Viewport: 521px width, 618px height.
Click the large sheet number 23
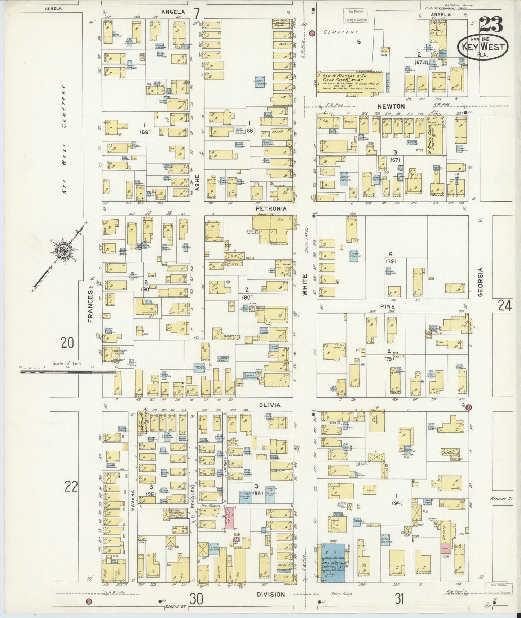[x=491, y=26]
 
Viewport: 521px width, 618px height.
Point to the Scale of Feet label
[x=67, y=363]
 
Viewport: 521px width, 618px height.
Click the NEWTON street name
[x=391, y=106]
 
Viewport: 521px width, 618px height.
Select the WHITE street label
[x=305, y=285]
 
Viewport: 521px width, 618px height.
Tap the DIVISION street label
[x=271, y=595]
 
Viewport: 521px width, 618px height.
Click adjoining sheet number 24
[x=505, y=306]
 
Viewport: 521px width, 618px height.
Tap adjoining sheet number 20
[x=67, y=343]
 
